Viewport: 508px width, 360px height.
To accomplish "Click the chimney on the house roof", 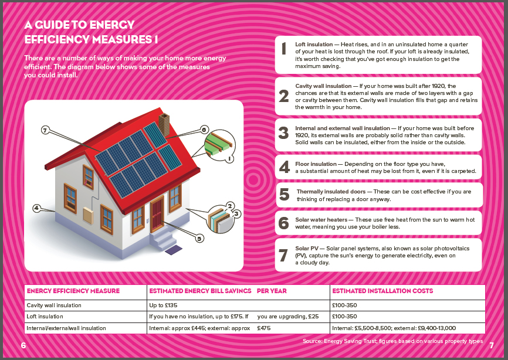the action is (164, 124).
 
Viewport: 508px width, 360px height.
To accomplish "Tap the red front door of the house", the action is (157, 215).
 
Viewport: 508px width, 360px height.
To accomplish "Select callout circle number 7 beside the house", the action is (45, 130).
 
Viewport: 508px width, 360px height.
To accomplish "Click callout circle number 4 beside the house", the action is (36, 208).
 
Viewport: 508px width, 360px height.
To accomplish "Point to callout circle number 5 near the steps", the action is (199, 239).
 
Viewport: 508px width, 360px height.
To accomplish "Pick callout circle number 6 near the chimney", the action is (204, 130).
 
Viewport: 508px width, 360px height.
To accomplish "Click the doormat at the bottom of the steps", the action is (174, 250).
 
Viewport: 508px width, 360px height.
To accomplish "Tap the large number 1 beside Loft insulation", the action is (284, 48).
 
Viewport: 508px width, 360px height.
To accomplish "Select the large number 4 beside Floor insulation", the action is (284, 167).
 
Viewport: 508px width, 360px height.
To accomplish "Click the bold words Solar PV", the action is (306, 249).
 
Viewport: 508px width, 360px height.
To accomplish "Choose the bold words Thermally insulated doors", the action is (331, 192).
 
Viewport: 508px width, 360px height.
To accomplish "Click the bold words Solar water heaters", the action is (321, 220).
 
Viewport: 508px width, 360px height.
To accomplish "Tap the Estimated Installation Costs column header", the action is (382, 291).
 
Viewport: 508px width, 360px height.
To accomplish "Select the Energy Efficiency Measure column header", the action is (73, 291).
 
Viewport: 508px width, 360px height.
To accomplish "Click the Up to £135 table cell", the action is (163, 305).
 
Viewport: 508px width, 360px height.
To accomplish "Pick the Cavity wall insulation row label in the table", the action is (54, 305).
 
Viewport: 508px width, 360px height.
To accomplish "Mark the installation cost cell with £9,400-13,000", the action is (394, 328).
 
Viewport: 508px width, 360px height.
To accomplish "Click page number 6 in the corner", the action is (23, 345).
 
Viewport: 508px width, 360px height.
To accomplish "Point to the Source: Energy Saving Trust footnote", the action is (392, 341).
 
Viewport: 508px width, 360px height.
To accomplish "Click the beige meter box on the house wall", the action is (88, 216).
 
